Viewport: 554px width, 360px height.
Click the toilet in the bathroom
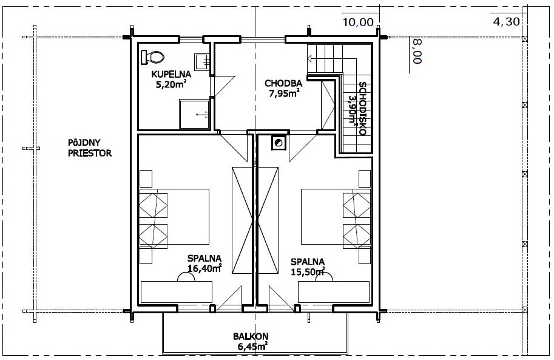pyautogui.click(x=152, y=57)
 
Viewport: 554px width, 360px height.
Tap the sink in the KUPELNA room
pyautogui.click(x=203, y=61)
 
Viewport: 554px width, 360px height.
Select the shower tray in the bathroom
pyautogui.click(x=194, y=114)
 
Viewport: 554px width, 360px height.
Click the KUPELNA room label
pyautogui.click(x=171, y=74)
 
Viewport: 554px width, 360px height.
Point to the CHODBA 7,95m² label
pyautogui.click(x=283, y=89)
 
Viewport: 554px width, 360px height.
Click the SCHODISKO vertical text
pyautogui.click(x=362, y=109)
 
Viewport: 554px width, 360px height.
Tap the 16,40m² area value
pyautogui.click(x=204, y=268)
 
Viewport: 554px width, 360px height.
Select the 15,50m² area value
pyautogui.click(x=308, y=271)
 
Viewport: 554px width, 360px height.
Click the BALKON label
pyautogui.click(x=251, y=336)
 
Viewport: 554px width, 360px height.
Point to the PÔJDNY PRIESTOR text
pyautogui.click(x=90, y=148)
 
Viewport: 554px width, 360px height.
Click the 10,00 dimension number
pyautogui.click(x=358, y=22)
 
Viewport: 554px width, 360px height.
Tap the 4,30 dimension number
pyautogui.click(x=506, y=22)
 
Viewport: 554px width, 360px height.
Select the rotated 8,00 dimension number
pyautogui.click(x=417, y=51)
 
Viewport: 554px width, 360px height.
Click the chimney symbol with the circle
pyautogui.click(x=279, y=143)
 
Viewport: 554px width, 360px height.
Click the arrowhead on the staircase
pyautogui.click(x=310, y=58)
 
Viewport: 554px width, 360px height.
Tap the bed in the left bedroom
pyautogui.click(x=174, y=216)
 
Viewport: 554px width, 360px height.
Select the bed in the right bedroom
pyautogui.click(x=336, y=216)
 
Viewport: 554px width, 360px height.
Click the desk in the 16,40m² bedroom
pyautogui.click(x=177, y=292)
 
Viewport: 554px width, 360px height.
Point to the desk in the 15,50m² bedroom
pyautogui.click(x=334, y=292)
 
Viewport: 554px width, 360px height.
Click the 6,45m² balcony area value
pyautogui.click(x=252, y=346)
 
